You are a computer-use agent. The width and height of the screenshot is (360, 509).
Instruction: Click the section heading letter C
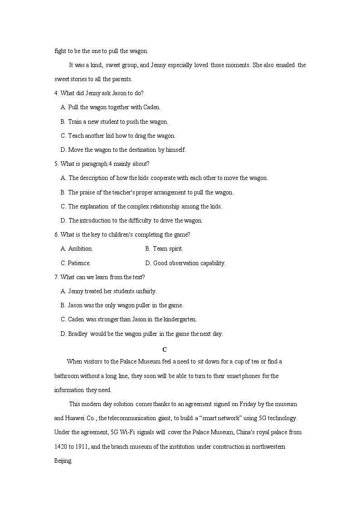tap(165, 349)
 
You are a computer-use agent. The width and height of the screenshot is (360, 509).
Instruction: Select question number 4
tap(56, 93)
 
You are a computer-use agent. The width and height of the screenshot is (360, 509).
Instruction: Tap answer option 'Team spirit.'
tap(168, 248)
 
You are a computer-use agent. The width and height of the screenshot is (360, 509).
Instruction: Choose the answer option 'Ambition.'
tap(80, 248)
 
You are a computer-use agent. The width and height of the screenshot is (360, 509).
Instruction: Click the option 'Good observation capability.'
tap(189, 263)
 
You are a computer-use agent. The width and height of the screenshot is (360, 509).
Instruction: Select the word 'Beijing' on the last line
tap(63, 461)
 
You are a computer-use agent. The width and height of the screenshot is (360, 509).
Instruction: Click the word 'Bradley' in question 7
tap(78, 334)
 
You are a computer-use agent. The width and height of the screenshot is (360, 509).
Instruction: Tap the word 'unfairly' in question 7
tap(144, 291)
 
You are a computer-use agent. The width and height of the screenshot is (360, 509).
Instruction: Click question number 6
tap(56, 234)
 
